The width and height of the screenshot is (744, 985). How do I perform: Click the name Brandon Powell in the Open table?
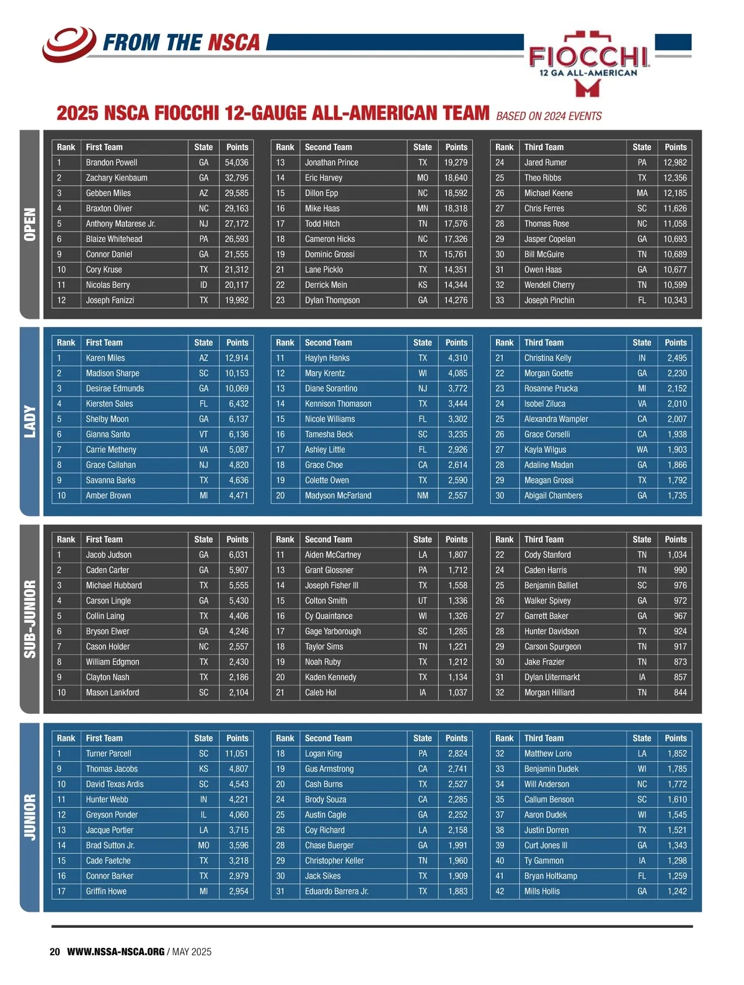tap(112, 163)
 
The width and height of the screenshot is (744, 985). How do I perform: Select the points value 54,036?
tap(236, 163)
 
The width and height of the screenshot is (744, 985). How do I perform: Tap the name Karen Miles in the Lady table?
tap(105, 358)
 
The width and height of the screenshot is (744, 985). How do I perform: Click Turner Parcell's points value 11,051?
tap(236, 754)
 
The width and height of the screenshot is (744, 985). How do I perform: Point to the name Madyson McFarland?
tap(338, 496)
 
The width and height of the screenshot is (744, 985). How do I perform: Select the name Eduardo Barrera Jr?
tap(337, 891)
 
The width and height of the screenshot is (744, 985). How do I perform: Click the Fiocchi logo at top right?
tap(588, 63)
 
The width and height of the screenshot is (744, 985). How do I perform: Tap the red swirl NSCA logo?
tap(69, 43)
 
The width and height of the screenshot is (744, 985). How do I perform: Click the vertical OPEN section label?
tap(30, 225)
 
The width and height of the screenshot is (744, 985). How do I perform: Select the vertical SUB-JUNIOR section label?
tap(30, 619)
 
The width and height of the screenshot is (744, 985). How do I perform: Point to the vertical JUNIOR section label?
tap(30, 817)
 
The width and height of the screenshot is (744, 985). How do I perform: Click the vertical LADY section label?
tap(30, 422)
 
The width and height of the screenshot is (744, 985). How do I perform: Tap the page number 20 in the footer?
tap(55, 952)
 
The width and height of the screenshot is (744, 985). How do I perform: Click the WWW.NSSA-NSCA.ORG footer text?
tap(116, 952)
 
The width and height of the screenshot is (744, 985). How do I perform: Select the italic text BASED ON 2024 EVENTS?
tap(549, 116)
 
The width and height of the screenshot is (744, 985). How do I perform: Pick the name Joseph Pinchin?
tap(549, 300)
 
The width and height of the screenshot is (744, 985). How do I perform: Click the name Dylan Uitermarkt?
tap(552, 677)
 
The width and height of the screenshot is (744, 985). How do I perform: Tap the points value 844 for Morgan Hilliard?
tap(680, 693)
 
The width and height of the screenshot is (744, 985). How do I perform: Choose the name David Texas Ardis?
tap(115, 784)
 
